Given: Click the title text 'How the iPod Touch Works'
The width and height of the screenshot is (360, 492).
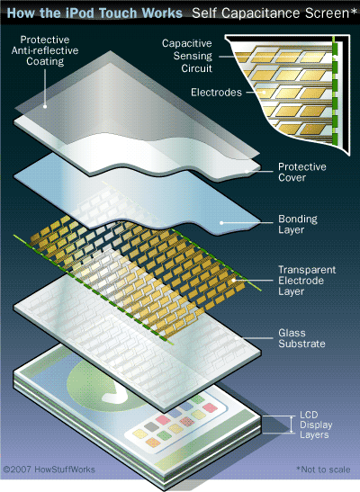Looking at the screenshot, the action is pyautogui.click(x=94, y=13).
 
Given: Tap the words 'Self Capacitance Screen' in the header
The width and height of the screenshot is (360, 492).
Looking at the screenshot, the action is pyautogui.click(x=270, y=13).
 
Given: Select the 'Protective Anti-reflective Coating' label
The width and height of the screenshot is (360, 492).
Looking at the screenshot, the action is pyautogui.click(x=45, y=50).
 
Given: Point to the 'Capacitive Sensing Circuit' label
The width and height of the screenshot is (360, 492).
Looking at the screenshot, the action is pyautogui.click(x=187, y=56).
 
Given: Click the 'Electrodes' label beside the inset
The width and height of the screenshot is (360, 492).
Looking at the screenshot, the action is pyautogui.click(x=216, y=93).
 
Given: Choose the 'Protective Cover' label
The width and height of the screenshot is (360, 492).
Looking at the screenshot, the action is pyautogui.click(x=301, y=172).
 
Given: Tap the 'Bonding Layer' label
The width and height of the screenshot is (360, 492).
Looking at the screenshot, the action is pyautogui.click(x=298, y=224).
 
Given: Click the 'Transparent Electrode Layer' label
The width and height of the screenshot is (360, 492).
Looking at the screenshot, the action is pyautogui.click(x=307, y=281).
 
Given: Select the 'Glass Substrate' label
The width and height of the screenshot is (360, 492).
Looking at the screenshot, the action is pyautogui.click(x=301, y=338).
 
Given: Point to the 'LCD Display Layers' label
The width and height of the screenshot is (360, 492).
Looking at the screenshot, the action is pyautogui.click(x=316, y=425).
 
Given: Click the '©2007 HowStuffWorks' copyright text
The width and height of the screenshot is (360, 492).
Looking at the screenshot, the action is pyautogui.click(x=49, y=470).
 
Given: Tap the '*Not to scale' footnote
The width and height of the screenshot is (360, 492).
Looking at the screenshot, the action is pyautogui.click(x=323, y=470).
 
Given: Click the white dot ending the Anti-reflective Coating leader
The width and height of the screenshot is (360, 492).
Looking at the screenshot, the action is pyautogui.click(x=45, y=107).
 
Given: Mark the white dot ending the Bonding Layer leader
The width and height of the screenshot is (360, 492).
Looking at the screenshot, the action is pyautogui.click(x=221, y=223).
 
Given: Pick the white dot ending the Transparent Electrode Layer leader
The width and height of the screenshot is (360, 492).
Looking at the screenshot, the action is pyautogui.click(x=234, y=281).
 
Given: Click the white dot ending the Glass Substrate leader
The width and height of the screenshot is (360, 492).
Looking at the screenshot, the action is pyautogui.click(x=237, y=338).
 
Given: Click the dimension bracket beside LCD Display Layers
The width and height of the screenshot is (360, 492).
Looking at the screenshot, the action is pyautogui.click(x=292, y=425).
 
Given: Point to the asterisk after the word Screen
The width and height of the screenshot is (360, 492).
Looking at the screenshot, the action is pyautogui.click(x=354, y=11).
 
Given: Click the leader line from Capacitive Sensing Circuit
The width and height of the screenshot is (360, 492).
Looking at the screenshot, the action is pyautogui.click(x=227, y=57).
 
